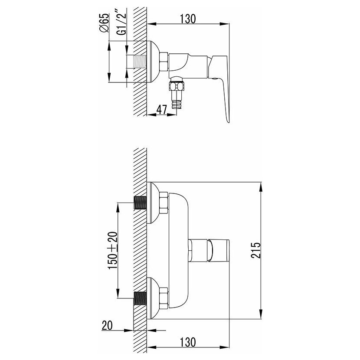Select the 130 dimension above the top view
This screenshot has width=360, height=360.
point(187,19)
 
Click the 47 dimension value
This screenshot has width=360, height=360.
point(161,111)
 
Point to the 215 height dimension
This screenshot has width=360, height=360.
point(256,250)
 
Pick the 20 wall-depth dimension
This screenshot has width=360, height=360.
point(107,326)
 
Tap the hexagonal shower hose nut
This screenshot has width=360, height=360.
point(177,87)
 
